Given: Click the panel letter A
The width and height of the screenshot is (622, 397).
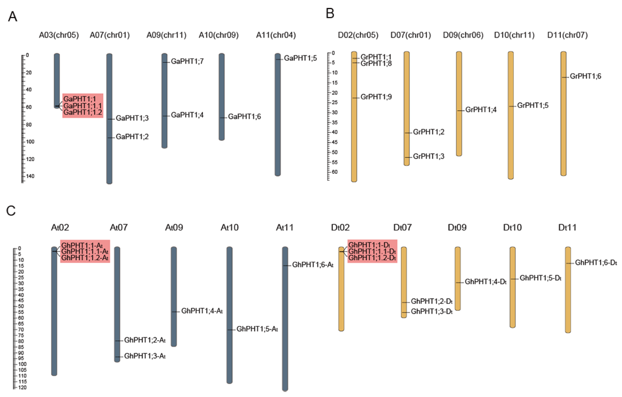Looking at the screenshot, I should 13,17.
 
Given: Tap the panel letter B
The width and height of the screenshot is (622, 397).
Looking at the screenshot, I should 330,14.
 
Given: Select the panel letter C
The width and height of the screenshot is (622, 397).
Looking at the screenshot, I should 11,211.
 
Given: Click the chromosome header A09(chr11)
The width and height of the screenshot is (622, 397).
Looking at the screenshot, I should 166,35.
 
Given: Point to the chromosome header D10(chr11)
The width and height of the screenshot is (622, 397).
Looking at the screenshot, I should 514,35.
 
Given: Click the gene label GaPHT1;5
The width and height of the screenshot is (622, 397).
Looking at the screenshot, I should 300,58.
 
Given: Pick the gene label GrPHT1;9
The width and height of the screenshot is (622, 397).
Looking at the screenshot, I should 376,97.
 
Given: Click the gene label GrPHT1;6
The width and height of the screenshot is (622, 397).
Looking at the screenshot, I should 585,76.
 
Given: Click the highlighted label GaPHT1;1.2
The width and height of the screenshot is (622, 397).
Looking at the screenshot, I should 83,112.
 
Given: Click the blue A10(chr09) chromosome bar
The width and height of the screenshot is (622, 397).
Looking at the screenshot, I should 222,97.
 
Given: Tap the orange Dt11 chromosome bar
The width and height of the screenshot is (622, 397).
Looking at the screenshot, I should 568,289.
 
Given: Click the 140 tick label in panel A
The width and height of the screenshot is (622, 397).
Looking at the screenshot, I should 30,176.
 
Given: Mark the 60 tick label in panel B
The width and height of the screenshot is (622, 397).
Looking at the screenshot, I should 335,172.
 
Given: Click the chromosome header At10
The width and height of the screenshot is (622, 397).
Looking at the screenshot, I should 229,227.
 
